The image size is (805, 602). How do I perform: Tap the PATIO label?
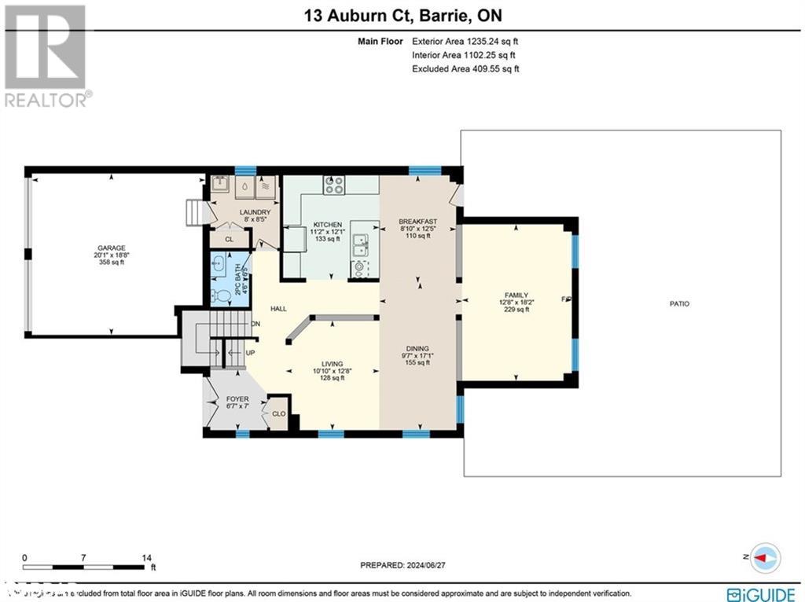tap(679, 303)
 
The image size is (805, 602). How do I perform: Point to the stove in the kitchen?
tap(334, 185)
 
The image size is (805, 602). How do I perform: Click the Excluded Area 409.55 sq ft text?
tap(465, 69)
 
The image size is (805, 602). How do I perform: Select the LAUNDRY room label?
tap(256, 212)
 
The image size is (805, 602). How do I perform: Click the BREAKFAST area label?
tap(417, 221)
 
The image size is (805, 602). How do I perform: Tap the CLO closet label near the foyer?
tap(278, 413)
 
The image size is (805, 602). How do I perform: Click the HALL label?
tap(278, 310)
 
